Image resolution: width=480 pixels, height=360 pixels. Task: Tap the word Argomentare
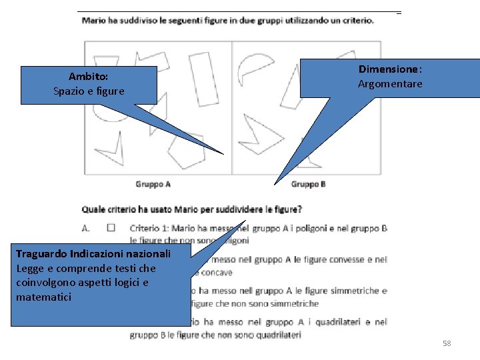coord(390,84)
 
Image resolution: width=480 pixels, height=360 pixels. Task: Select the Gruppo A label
coord(153,184)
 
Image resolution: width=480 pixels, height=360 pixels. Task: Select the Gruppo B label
coord(309,184)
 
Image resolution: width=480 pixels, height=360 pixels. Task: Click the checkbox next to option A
coord(111,228)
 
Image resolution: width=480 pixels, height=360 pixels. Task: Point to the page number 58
coord(447,343)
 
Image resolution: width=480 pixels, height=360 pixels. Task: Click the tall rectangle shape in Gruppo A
coord(205,79)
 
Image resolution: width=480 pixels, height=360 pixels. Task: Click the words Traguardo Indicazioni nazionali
coord(93,254)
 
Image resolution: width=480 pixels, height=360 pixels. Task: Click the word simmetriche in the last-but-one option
coord(358,291)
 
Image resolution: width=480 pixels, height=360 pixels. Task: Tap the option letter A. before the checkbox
coord(86,228)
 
